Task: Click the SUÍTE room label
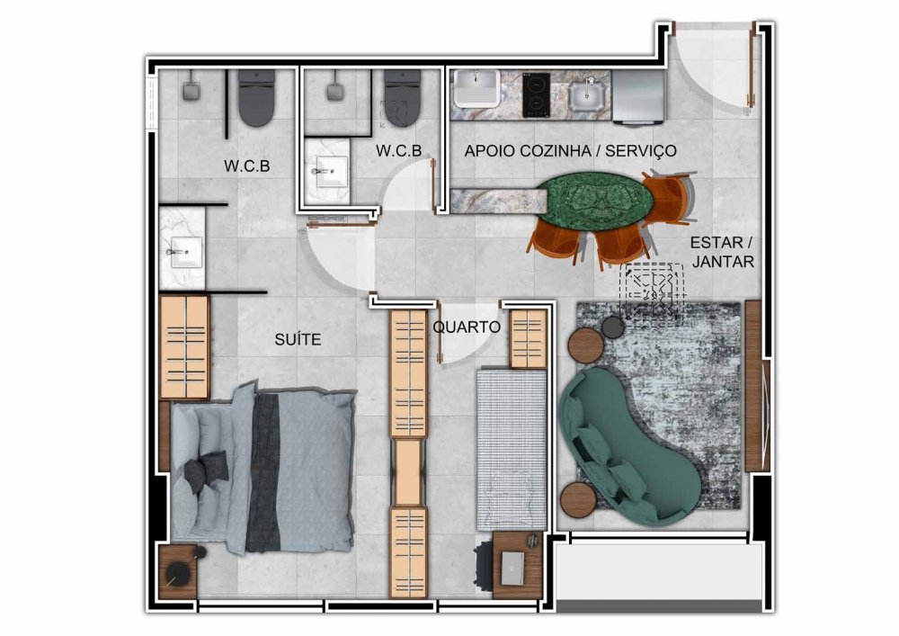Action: click(298, 339)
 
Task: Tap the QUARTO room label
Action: click(467, 327)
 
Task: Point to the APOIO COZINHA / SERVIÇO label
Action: click(570, 151)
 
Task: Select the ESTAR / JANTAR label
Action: click(723, 252)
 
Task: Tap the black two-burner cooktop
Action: click(536, 94)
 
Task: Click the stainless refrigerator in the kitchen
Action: click(638, 97)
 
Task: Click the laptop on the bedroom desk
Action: click(512, 568)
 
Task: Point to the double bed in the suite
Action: click(263, 468)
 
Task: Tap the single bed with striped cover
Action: click(512, 449)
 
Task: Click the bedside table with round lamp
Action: click(178, 572)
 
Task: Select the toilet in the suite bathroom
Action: click(256, 97)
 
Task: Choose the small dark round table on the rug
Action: click(612, 327)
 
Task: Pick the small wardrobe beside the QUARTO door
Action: click(528, 338)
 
